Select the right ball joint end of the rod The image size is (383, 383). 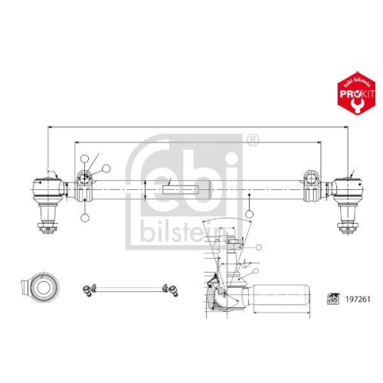coord(346,187)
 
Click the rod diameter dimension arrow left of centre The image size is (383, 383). coord(145,188)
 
